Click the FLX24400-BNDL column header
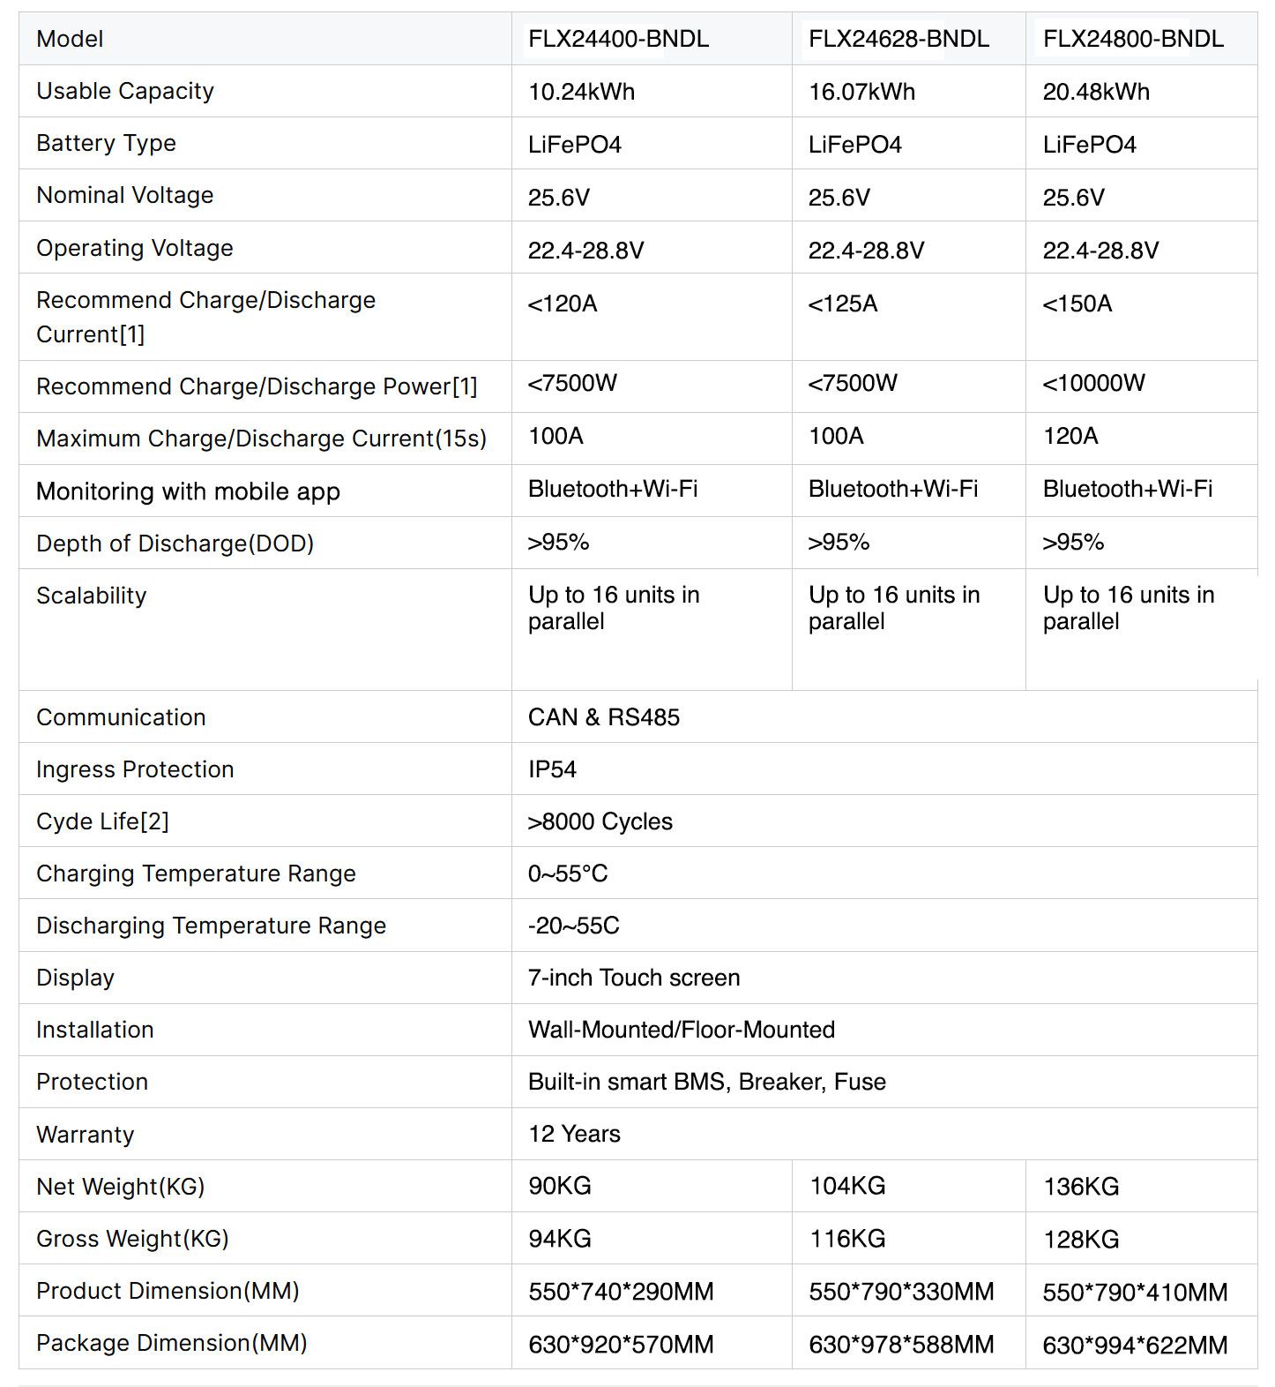pyautogui.click(x=618, y=39)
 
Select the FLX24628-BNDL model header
pyautogui.click(x=898, y=39)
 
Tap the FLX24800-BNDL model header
pyautogui.click(x=1133, y=39)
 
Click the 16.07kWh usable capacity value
pyautogui.click(x=861, y=92)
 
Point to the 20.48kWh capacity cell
pyautogui.click(x=1096, y=92)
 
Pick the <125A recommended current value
pyautogui.click(x=843, y=304)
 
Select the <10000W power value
pyautogui.click(x=1093, y=383)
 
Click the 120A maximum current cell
pyautogui.click(x=1070, y=436)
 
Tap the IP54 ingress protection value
pyautogui.click(x=552, y=769)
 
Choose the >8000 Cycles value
pyautogui.click(x=600, y=821)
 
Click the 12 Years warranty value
pyautogui.click(x=574, y=1134)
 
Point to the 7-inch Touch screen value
pyautogui.click(x=634, y=978)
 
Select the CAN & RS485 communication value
pyautogui.click(x=604, y=717)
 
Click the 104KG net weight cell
pyautogui.click(x=847, y=1186)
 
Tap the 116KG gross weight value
pyautogui.click(x=847, y=1239)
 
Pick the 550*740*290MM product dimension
pyautogui.click(x=621, y=1292)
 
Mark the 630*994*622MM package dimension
pyautogui.click(x=1135, y=1345)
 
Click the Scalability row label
pyautogui.click(x=92, y=596)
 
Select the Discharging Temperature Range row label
pyautogui.click(x=212, y=926)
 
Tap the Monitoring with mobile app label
pyautogui.click(x=188, y=491)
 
